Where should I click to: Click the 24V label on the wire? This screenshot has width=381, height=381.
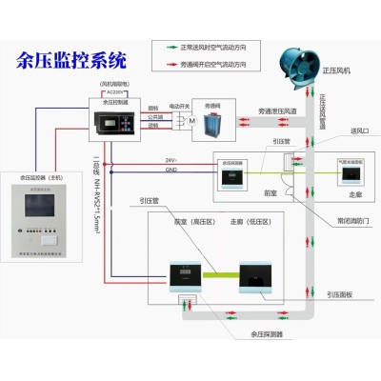[x=170, y=159]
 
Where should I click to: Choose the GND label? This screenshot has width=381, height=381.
[x=170, y=170]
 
